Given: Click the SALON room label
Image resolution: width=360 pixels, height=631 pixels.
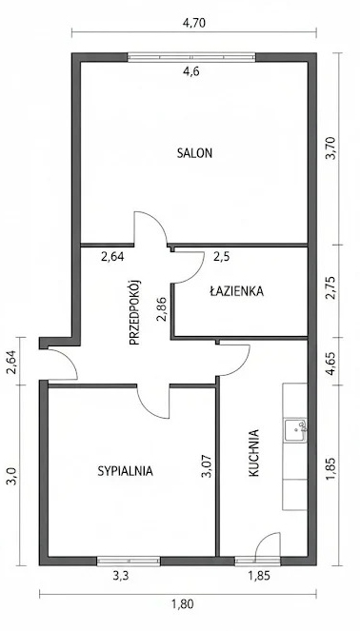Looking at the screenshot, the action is tap(194, 153).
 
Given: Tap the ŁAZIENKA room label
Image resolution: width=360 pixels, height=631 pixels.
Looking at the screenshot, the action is tap(237, 290).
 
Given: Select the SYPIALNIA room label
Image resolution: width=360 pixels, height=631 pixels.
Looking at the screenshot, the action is tap(125, 471).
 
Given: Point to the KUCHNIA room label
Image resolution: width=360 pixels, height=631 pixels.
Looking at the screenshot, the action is tap(253, 454).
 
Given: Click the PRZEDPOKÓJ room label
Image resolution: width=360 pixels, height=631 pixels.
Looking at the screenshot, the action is tap(134, 312).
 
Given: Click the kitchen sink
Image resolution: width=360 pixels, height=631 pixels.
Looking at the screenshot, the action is tap(295, 430).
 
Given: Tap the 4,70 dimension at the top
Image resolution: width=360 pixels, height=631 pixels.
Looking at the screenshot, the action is tap(194, 23).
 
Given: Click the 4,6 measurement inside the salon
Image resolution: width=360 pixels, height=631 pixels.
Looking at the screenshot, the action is tap(190, 71).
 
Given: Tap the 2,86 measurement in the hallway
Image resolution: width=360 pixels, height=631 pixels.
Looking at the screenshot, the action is tap(162, 310).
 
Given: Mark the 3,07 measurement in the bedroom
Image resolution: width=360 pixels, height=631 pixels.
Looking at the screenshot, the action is tap(206, 466).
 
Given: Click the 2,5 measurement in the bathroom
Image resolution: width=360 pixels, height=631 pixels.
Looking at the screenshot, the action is tap(222, 257).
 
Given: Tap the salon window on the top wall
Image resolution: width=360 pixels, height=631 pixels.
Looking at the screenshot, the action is tap(191, 57).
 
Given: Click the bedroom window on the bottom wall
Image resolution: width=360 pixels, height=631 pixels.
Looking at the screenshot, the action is tap(129, 561).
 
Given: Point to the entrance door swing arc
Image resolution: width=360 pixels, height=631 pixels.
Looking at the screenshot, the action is tap(70, 359).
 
